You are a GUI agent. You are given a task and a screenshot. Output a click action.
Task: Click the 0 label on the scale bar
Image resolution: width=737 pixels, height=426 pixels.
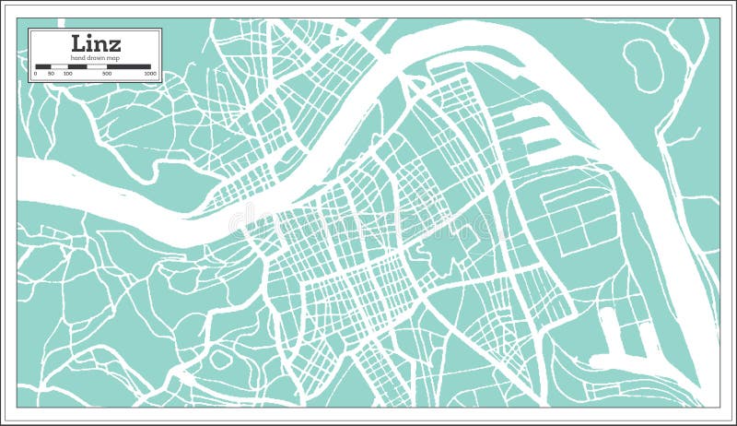pyautogui.click(x=36, y=73)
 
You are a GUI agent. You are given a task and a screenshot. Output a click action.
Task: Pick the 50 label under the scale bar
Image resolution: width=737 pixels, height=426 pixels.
pyautogui.click(x=51, y=73)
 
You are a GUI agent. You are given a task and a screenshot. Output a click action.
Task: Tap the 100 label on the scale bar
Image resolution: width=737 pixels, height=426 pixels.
pyautogui.click(x=67, y=73)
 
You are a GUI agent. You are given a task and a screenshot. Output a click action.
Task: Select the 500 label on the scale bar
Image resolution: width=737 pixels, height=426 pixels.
pyautogui.click(x=108, y=73)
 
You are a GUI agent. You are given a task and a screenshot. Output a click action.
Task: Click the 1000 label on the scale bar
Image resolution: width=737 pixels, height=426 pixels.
pyautogui.click(x=149, y=73)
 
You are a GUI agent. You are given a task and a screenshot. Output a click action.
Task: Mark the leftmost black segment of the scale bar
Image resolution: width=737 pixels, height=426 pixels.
pyautogui.click(x=43, y=66)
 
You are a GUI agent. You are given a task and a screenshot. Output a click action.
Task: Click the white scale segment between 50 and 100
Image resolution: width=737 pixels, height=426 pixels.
pyautogui.click(x=59, y=66)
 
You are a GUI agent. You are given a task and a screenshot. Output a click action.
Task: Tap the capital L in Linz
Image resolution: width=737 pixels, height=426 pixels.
pyautogui.click(x=78, y=43)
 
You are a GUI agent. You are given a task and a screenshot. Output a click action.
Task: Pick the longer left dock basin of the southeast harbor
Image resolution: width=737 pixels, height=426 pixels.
pyautogui.click(x=609, y=332)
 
